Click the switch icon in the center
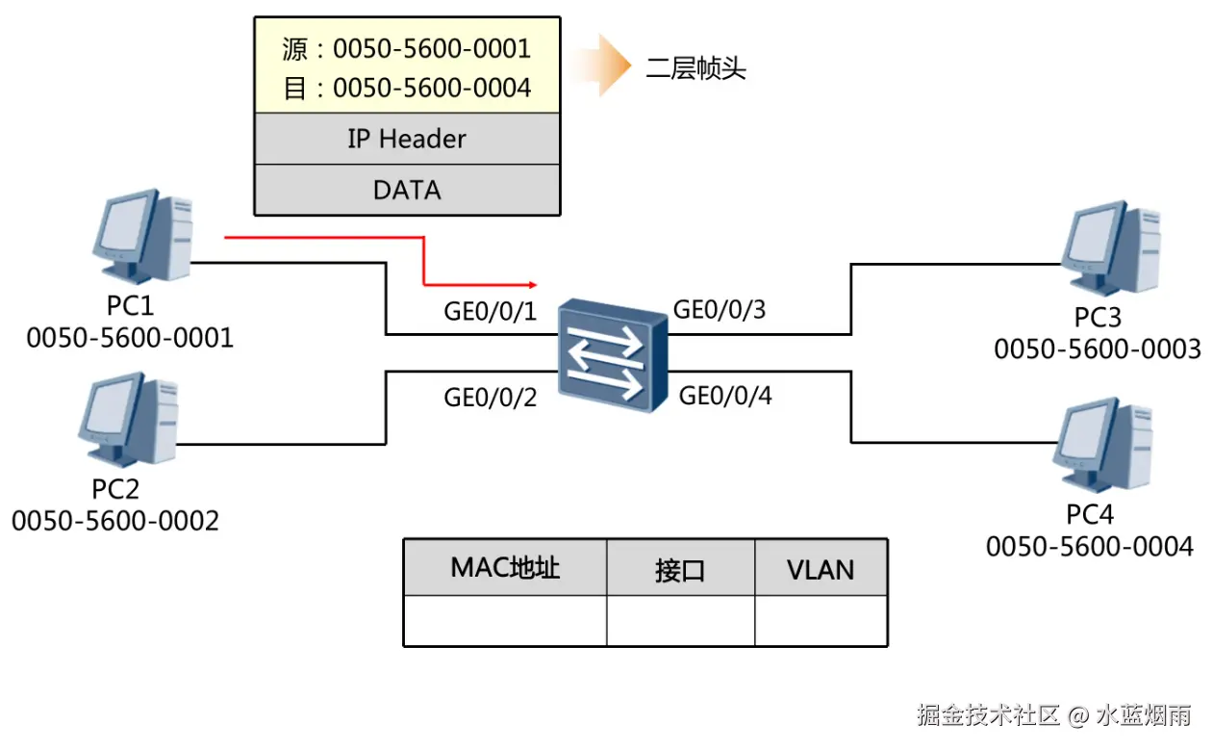point(613,353)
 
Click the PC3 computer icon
point(1106,247)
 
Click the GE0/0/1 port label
point(490,312)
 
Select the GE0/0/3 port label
point(719,309)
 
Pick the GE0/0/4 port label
point(725,395)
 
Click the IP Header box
point(406,139)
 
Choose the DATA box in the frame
point(406,190)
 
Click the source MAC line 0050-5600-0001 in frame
point(406,48)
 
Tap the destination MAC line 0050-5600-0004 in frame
point(406,88)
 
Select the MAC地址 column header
point(505,567)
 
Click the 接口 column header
point(680,570)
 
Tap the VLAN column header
point(821,569)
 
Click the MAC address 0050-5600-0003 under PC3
point(1098,349)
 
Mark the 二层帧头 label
point(696,68)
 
